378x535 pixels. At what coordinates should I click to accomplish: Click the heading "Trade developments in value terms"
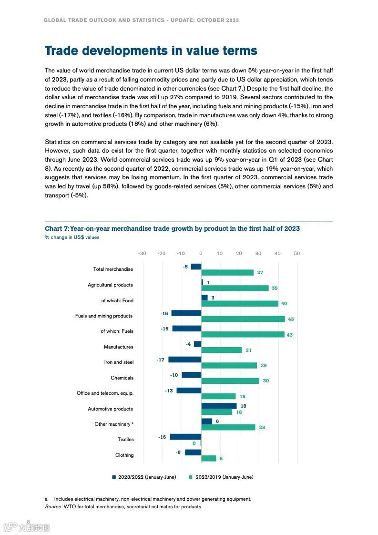pyautogui.click(x=151, y=51)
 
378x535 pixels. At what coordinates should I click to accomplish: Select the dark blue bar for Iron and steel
pyautogui.click(x=184, y=360)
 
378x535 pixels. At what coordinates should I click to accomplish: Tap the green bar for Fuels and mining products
pyautogui.click(x=243, y=319)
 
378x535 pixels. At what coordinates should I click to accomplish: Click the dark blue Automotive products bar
pyautogui.click(x=219, y=406)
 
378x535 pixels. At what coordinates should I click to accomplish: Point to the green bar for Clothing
pyautogui.click(x=208, y=458)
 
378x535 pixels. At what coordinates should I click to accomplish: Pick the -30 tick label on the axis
pyautogui.click(x=142, y=253)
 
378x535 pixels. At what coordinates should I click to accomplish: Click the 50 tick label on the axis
pyautogui.click(x=297, y=253)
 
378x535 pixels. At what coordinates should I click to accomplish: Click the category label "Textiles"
pyautogui.click(x=126, y=439)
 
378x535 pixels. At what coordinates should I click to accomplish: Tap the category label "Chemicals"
pyautogui.click(x=122, y=378)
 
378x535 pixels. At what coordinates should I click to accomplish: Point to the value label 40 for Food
pyautogui.click(x=284, y=304)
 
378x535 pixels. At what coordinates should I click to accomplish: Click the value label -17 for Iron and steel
pyautogui.click(x=161, y=360)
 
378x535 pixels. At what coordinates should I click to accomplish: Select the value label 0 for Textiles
pyautogui.click(x=194, y=443)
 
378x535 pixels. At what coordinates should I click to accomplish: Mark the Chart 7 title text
pyautogui.click(x=172, y=228)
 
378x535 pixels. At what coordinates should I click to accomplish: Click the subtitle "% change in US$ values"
pyautogui.click(x=72, y=237)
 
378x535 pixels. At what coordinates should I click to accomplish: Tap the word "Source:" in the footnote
pyautogui.click(x=53, y=506)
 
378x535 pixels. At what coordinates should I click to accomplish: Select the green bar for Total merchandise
pyautogui.click(x=227, y=272)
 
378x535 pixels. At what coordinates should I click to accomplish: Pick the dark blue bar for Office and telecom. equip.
pyautogui.click(x=188, y=390)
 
